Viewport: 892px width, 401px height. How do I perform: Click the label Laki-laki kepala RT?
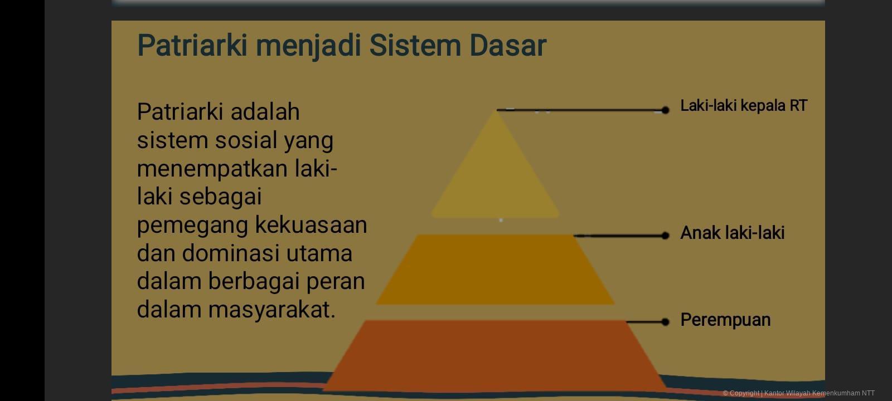coord(743,105)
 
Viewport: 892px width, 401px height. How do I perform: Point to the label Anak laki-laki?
coord(732,233)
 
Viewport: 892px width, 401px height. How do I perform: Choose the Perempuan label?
coord(725,320)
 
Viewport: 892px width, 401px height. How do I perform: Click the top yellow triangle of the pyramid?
coord(495,173)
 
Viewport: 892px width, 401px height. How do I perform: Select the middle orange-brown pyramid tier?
coord(495,270)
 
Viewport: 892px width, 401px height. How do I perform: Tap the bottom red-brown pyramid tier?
coord(495,354)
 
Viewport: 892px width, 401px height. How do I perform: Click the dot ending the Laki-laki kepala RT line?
coord(665,110)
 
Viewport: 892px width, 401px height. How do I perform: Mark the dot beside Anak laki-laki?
coord(665,236)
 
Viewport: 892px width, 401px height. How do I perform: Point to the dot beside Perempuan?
coord(665,322)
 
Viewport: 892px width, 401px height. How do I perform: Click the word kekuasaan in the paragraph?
coord(311,225)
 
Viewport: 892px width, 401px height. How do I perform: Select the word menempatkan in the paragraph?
coord(212,169)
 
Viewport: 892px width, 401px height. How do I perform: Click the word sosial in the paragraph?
coord(246,140)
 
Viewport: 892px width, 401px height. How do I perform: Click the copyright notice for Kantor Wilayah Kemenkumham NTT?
coord(798,393)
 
